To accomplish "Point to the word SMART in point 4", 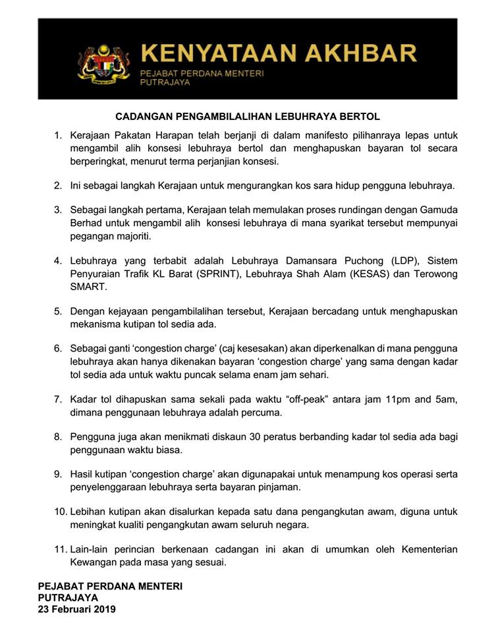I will [88, 287].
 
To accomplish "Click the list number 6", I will [58, 347].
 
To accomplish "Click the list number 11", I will [60, 549].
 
